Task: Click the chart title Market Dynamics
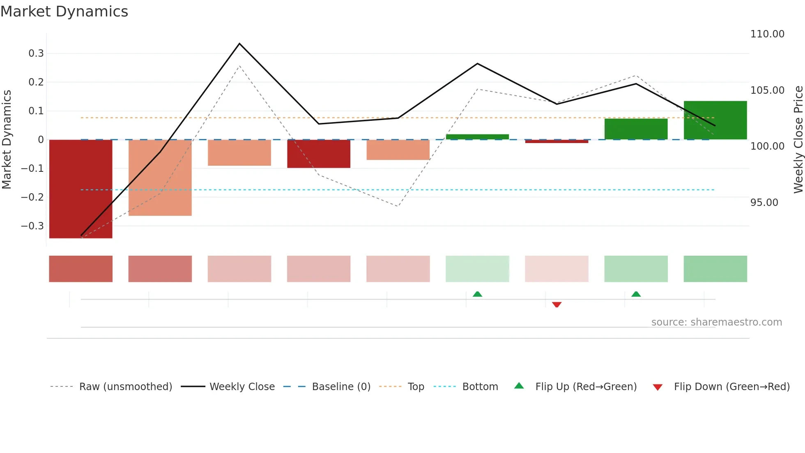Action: [x=64, y=12]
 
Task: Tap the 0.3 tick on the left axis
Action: [x=36, y=53]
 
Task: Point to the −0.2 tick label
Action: [x=32, y=197]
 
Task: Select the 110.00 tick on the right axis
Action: [x=767, y=34]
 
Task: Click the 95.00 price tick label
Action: [x=764, y=203]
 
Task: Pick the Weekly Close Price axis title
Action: [x=798, y=140]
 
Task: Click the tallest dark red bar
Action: [x=80, y=189]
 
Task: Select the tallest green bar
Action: [x=715, y=120]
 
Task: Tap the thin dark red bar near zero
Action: [x=557, y=141]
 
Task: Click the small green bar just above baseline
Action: [x=477, y=137]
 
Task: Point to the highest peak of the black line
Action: [x=239, y=44]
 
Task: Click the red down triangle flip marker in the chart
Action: [x=557, y=305]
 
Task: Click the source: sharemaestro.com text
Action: [x=716, y=322]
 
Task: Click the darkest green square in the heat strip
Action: [x=715, y=269]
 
